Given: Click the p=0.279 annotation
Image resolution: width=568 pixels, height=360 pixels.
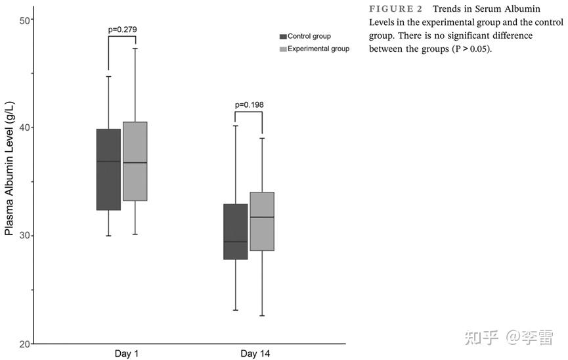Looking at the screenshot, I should click(122, 29).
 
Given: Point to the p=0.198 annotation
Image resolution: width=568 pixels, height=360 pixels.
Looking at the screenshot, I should click(249, 104).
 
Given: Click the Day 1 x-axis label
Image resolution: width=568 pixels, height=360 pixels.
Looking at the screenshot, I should click(122, 354).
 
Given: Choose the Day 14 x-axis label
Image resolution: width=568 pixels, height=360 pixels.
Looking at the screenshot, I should click(255, 354).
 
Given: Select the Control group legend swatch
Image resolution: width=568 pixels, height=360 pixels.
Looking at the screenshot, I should click(283, 37).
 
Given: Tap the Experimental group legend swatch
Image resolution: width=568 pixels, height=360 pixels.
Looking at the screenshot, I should click(283, 49).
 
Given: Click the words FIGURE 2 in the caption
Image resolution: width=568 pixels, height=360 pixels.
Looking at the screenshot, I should click(396, 9).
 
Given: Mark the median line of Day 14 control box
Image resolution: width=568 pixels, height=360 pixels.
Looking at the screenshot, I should click(236, 242).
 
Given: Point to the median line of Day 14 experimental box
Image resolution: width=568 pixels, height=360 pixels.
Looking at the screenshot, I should click(261, 217).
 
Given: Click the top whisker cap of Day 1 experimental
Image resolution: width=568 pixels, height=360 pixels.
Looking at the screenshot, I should click(135, 48).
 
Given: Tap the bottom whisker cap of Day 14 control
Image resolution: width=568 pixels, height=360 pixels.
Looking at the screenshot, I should click(236, 310).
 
